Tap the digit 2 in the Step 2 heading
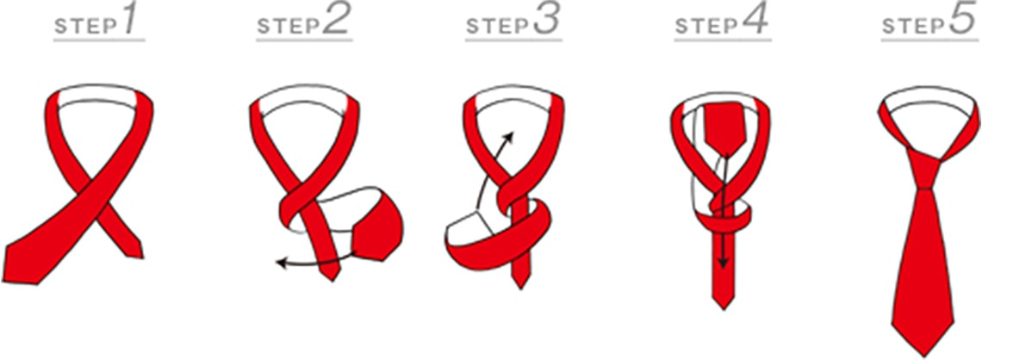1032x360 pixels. [336, 21]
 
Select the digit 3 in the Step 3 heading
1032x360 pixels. [545, 21]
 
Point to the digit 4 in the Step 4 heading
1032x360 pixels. [755, 21]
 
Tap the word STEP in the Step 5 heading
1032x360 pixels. [914, 27]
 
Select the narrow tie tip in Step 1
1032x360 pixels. [135, 251]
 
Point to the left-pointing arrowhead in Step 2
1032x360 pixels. [281, 264]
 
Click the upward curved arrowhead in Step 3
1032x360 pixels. [509, 136]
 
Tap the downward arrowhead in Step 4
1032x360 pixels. [724, 264]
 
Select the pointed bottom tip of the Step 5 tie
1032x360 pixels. [923, 353]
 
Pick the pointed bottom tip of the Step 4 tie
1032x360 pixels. [724, 305]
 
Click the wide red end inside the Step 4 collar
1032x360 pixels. [723, 128]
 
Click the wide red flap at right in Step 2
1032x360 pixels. [379, 227]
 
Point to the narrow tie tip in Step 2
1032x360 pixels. [333, 274]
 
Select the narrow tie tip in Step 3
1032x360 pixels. [521, 282]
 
